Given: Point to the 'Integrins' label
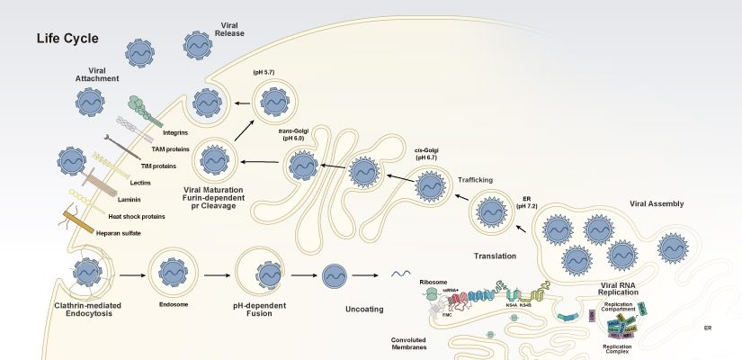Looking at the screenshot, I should click(175, 133).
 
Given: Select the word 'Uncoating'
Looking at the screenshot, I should click(365, 310).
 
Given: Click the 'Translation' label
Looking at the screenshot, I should click(493, 256).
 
